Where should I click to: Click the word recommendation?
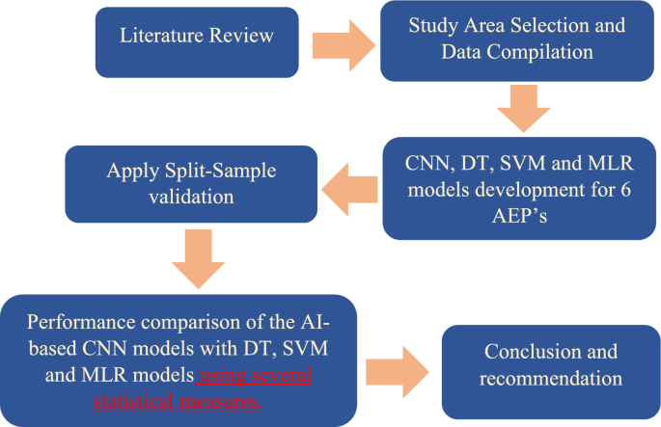[x=551, y=378]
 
